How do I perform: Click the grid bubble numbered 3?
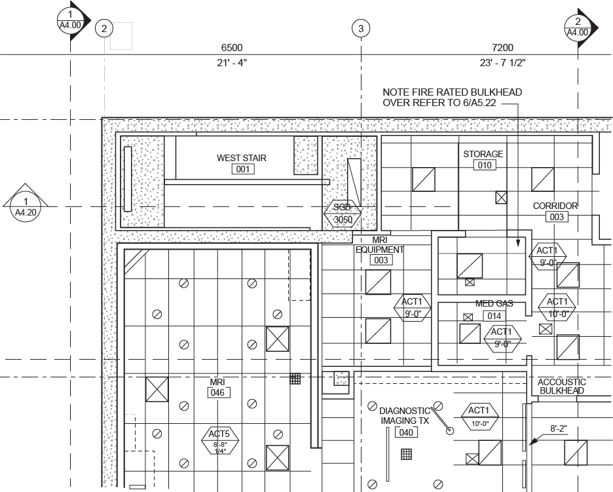pyautogui.click(x=360, y=28)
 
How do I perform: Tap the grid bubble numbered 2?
pyautogui.click(x=104, y=28)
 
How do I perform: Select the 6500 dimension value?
pyautogui.click(x=231, y=48)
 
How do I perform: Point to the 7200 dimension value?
pyautogui.click(x=502, y=48)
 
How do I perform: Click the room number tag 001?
pyautogui.click(x=243, y=170)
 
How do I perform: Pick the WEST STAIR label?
pyautogui.click(x=242, y=158)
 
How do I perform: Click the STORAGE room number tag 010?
pyautogui.click(x=485, y=166)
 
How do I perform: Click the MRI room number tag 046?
pyautogui.click(x=217, y=393)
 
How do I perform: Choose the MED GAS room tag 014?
pyautogui.click(x=494, y=316)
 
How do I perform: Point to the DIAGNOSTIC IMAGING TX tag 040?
pyautogui.click(x=407, y=432)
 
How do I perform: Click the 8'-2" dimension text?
pyautogui.click(x=558, y=429)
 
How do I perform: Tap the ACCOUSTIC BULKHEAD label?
pyautogui.click(x=561, y=387)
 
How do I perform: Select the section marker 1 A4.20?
pyautogui.click(x=26, y=206)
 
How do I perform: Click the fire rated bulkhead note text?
pyautogui.click(x=452, y=98)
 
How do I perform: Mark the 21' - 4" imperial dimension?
pyautogui.click(x=231, y=63)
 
